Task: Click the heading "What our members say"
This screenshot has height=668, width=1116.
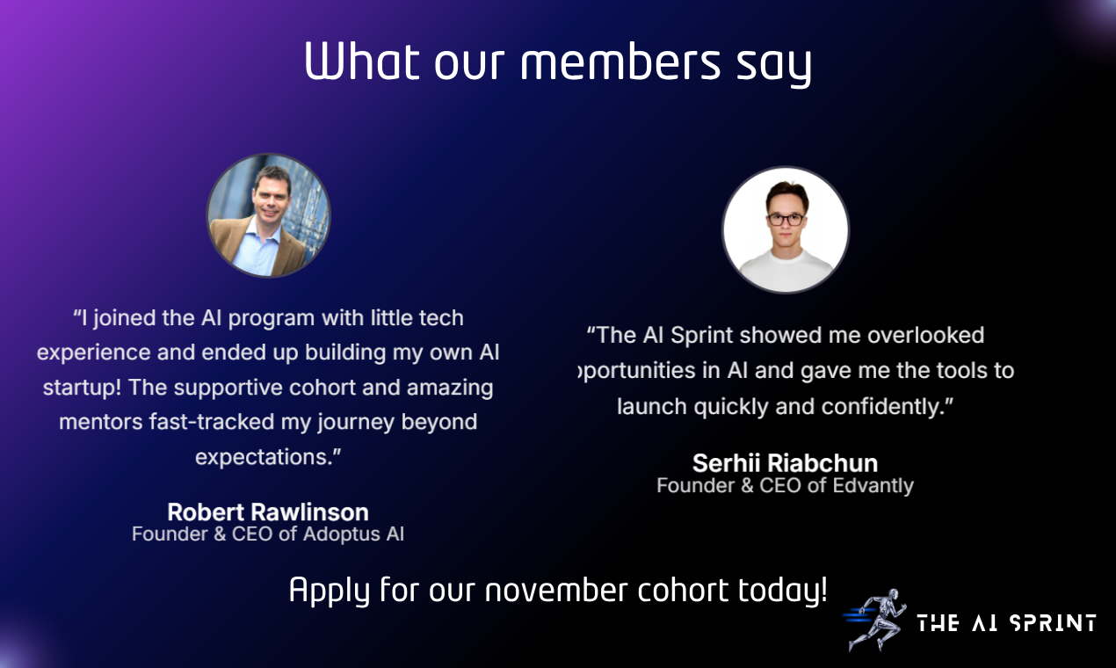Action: (557, 62)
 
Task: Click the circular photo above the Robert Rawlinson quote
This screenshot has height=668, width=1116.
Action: (268, 215)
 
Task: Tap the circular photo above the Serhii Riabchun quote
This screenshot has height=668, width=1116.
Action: (785, 229)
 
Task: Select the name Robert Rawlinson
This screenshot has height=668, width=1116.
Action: (268, 512)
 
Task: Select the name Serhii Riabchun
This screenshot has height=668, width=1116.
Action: (785, 462)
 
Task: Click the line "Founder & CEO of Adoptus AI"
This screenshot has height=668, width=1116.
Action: (268, 534)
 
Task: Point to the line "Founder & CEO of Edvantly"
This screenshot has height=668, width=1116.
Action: (785, 485)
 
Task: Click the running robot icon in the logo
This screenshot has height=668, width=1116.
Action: (873, 619)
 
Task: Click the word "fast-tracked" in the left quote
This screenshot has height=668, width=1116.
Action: (207, 422)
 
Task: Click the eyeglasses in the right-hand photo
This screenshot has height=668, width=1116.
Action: (785, 220)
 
